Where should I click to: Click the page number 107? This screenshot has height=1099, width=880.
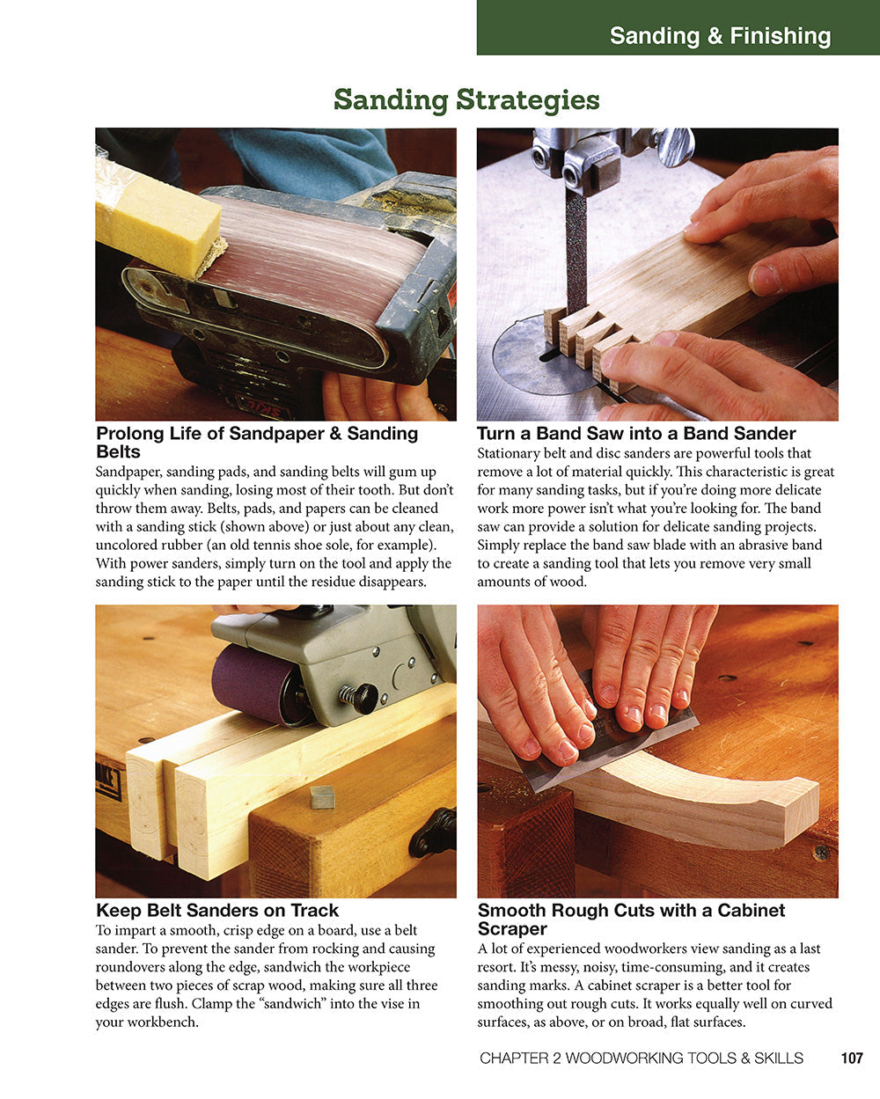(x=851, y=1059)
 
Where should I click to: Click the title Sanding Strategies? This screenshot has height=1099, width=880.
(x=466, y=99)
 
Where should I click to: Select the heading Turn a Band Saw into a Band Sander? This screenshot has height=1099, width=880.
(x=635, y=433)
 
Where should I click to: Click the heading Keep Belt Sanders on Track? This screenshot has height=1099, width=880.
(x=216, y=910)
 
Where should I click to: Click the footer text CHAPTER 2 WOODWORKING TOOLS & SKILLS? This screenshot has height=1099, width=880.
(x=641, y=1059)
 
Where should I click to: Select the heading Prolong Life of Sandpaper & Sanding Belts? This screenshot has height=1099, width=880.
(x=256, y=442)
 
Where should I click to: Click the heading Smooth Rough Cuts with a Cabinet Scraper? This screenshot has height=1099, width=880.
(x=631, y=919)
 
